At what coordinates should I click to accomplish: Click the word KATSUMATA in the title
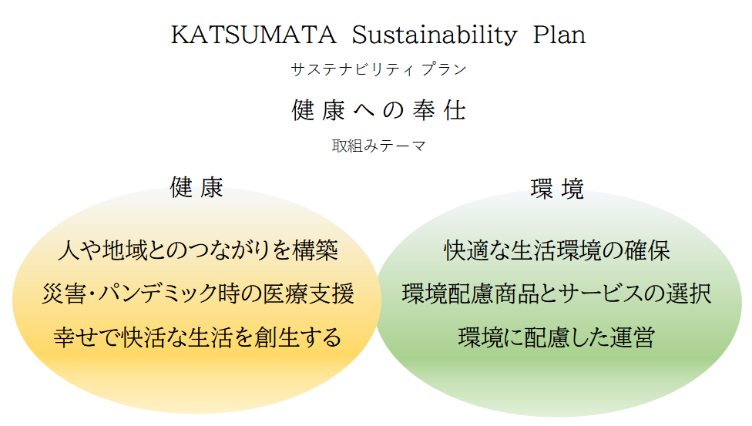pyautogui.click(x=253, y=35)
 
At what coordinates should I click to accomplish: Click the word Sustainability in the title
pyautogui.click(x=435, y=35)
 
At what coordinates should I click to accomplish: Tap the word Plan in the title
pyautogui.click(x=559, y=35)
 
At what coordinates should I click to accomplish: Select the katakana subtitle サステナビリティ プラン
pyautogui.click(x=378, y=69)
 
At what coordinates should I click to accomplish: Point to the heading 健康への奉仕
pyautogui.click(x=378, y=110)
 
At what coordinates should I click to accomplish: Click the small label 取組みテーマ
pyautogui.click(x=378, y=146)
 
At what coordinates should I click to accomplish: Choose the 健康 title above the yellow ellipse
pyautogui.click(x=196, y=187)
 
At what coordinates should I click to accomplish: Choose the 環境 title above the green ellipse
pyautogui.click(x=557, y=189)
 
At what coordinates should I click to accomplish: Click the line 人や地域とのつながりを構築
pyautogui.click(x=197, y=250)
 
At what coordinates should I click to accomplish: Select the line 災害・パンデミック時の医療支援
pyautogui.click(x=197, y=294)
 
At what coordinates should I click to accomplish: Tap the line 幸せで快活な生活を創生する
pyautogui.click(x=197, y=337)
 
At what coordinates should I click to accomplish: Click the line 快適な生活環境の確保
pyautogui.click(x=557, y=250)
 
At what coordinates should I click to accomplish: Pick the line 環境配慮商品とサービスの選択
pyautogui.click(x=557, y=294)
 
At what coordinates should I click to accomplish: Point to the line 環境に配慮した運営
pyautogui.click(x=557, y=337)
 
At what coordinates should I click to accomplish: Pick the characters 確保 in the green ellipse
pyautogui.click(x=647, y=250)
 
